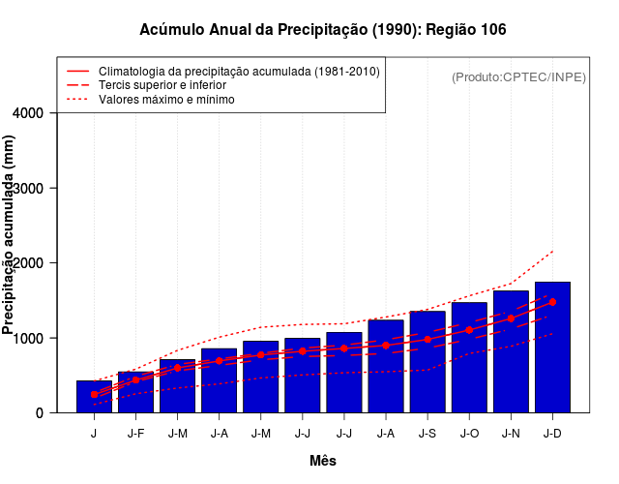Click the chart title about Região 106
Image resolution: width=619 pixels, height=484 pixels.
pos(323,30)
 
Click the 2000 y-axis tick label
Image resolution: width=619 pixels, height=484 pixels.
pos(31,263)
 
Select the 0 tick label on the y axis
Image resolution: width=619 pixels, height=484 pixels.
pos(40,413)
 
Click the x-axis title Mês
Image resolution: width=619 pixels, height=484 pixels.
pos(323,461)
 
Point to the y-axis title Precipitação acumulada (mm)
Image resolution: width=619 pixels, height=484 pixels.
pos(10,234)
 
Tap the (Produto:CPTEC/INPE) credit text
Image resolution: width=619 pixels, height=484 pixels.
pos(518,76)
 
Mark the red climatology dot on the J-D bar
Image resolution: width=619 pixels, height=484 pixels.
pos(552,302)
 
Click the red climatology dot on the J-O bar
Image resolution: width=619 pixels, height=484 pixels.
pos(469,330)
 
